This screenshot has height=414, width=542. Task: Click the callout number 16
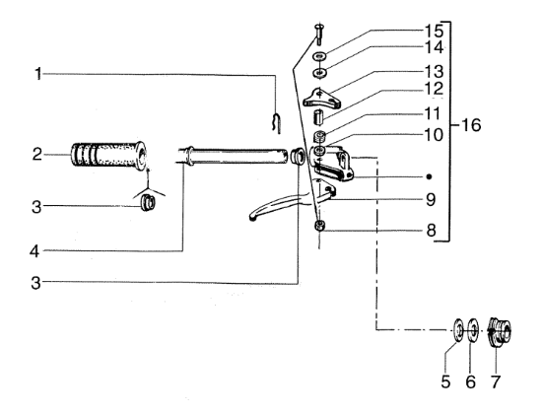pos(471,125)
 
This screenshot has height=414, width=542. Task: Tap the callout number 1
pos(38,74)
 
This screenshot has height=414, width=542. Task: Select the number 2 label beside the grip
pos(37,154)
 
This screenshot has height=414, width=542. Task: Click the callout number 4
pos(34,251)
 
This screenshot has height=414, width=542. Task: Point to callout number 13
pos(434,72)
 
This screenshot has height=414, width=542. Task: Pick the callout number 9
pos(431,199)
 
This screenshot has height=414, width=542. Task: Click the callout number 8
pos(431,231)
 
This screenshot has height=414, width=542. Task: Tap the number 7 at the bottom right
pos(496,381)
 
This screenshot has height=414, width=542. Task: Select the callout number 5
pos(445,381)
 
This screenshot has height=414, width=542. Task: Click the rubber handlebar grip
pos(108,156)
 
